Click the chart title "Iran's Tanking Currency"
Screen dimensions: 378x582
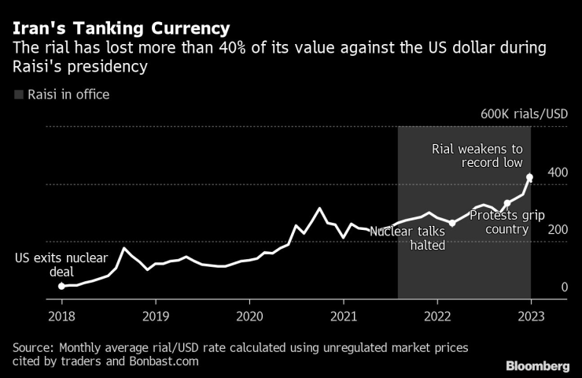click(120, 28)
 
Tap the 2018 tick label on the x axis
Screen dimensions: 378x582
click(61, 317)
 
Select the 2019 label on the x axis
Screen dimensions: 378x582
click(155, 317)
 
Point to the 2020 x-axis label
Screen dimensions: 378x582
click(249, 317)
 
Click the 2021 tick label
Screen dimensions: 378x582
click(343, 317)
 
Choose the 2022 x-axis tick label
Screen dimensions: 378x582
click(436, 317)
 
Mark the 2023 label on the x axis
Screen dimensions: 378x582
click(531, 317)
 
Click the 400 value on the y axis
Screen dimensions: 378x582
click(558, 173)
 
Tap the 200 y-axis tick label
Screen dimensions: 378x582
click(558, 230)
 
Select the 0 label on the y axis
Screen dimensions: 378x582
click(565, 288)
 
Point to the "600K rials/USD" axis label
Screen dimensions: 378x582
click(525, 114)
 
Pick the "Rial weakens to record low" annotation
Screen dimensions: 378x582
click(477, 156)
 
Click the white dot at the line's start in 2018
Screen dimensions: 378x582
click(61, 286)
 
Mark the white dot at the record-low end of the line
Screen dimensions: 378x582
click(530, 177)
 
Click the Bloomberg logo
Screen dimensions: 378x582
click(536, 365)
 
